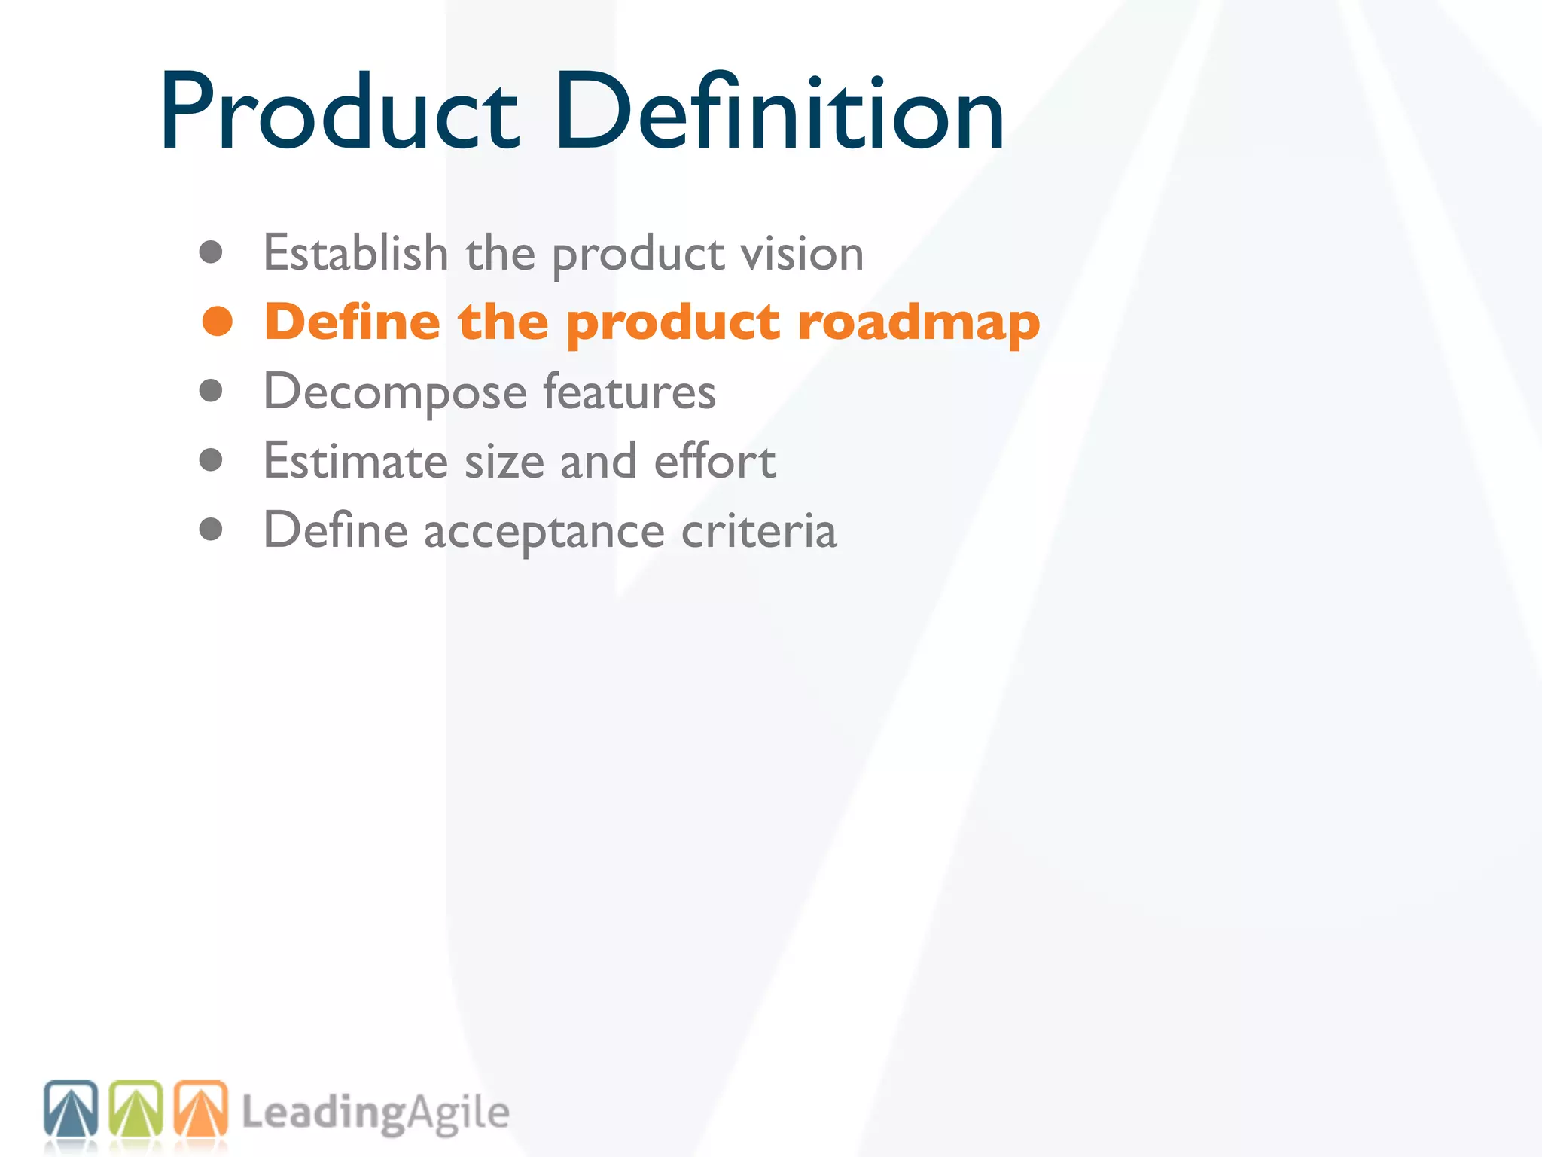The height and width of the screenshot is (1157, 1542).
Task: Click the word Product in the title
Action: (x=339, y=113)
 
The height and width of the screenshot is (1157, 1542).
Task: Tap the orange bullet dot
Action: (x=217, y=322)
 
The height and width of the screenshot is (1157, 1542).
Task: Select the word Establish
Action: (x=355, y=252)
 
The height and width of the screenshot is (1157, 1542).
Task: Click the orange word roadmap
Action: (x=919, y=323)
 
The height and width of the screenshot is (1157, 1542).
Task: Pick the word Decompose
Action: (x=395, y=392)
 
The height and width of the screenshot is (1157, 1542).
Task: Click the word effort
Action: (x=715, y=461)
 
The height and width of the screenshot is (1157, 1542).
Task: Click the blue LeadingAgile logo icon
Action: (x=71, y=1108)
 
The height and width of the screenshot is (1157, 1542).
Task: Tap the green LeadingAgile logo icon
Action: (x=136, y=1108)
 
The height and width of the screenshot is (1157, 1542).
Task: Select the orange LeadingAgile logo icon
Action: (x=200, y=1108)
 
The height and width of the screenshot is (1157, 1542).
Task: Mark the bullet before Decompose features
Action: (x=211, y=391)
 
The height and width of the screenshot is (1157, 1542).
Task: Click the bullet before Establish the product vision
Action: (x=211, y=252)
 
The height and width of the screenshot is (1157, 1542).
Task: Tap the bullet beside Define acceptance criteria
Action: (x=211, y=530)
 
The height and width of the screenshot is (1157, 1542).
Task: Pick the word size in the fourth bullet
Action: (x=504, y=461)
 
